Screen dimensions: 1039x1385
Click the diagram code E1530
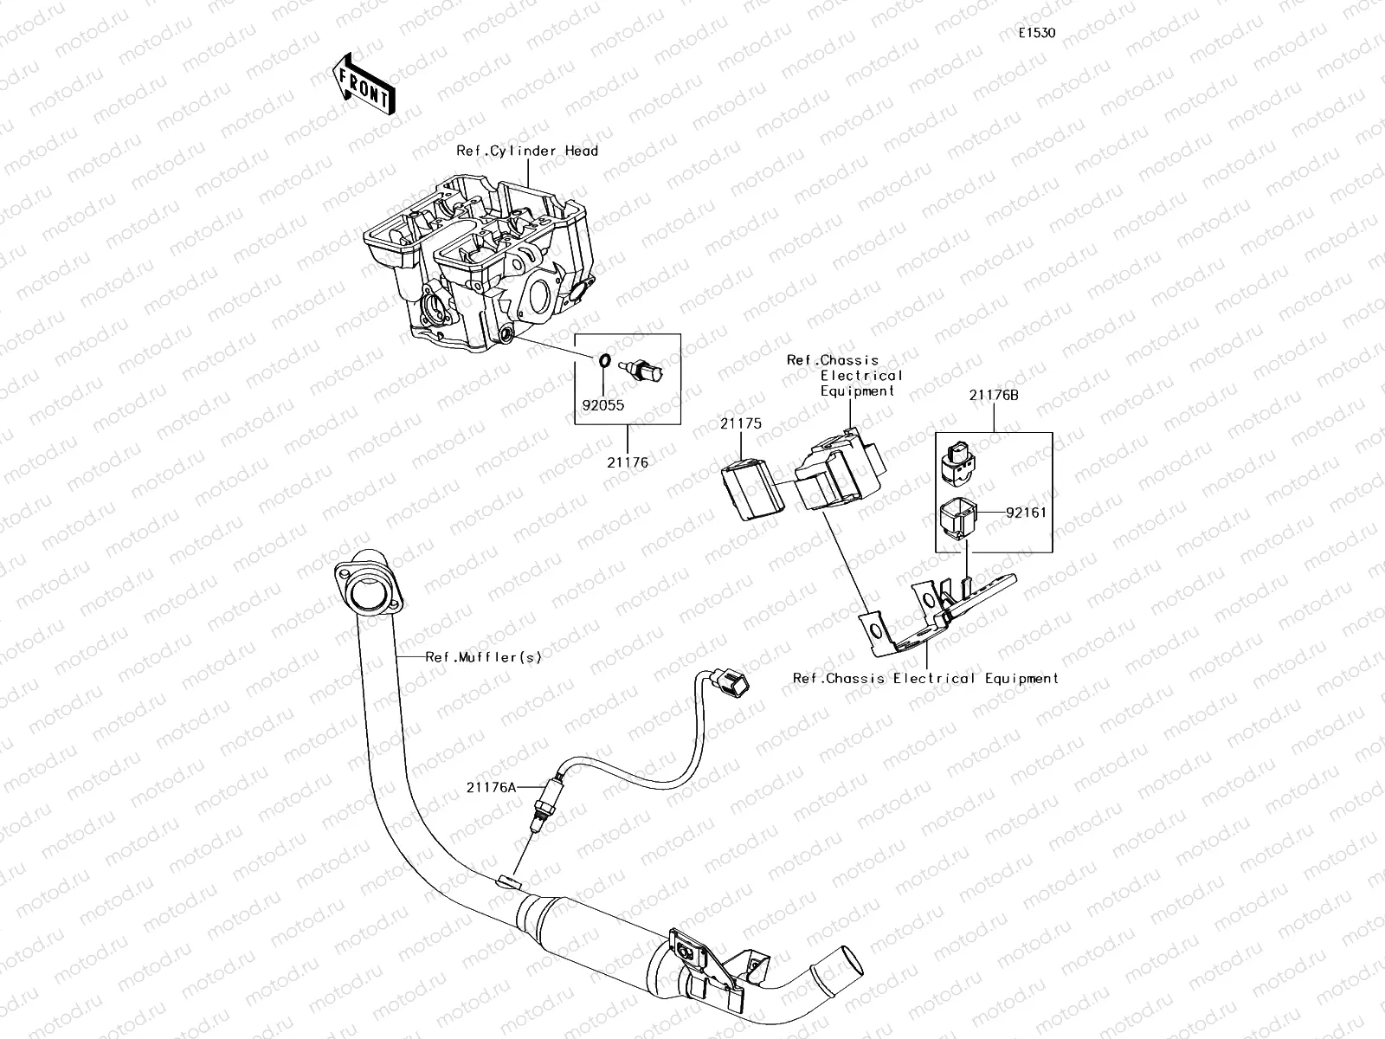[x=1036, y=34]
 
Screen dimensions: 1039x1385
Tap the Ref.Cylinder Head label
[x=527, y=151]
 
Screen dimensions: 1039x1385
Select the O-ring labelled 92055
[x=604, y=360]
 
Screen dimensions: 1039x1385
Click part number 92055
[x=603, y=404]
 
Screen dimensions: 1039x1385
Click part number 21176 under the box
[x=628, y=462]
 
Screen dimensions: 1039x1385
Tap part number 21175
[x=740, y=423]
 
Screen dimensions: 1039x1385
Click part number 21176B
[x=993, y=395]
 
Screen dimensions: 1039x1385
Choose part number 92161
[x=1026, y=513]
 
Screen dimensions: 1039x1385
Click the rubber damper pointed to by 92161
[x=959, y=519]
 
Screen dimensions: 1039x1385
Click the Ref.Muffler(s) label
[x=483, y=657]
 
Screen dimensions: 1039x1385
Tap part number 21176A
[x=491, y=787]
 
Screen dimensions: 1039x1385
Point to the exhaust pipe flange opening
[x=366, y=597]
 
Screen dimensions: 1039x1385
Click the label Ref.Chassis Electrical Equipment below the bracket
[x=925, y=679]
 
